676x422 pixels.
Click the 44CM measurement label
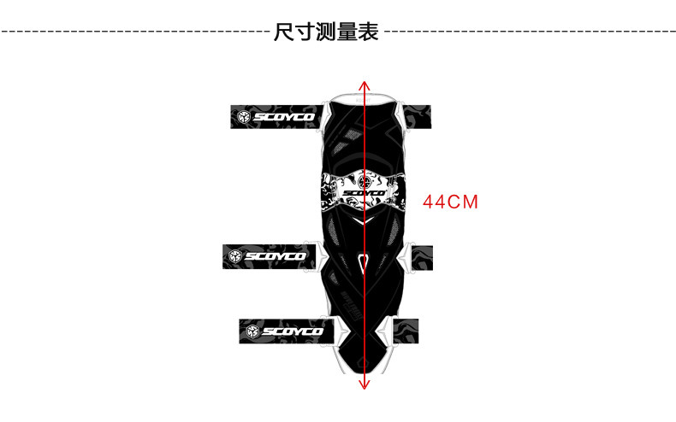[x=450, y=203]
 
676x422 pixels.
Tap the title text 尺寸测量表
[x=326, y=33]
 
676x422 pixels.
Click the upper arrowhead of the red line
[x=365, y=85]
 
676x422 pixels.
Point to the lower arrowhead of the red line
[x=365, y=384]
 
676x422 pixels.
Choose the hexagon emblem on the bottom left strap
[x=252, y=331]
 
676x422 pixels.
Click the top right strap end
[x=418, y=116]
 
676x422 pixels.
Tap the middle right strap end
[x=422, y=255]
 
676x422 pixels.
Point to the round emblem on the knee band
[x=365, y=180]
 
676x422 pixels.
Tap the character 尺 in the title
[x=283, y=33]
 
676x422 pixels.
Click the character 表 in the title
[x=369, y=33]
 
